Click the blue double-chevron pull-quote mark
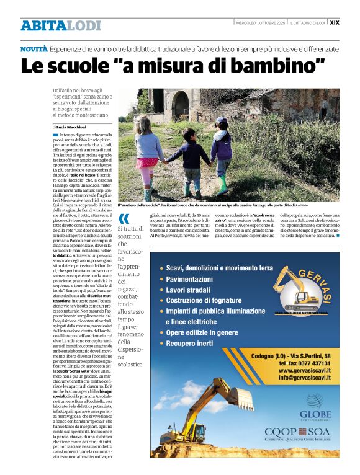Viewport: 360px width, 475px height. click(x=124, y=218)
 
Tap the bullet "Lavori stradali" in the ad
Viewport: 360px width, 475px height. click(x=189, y=290)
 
